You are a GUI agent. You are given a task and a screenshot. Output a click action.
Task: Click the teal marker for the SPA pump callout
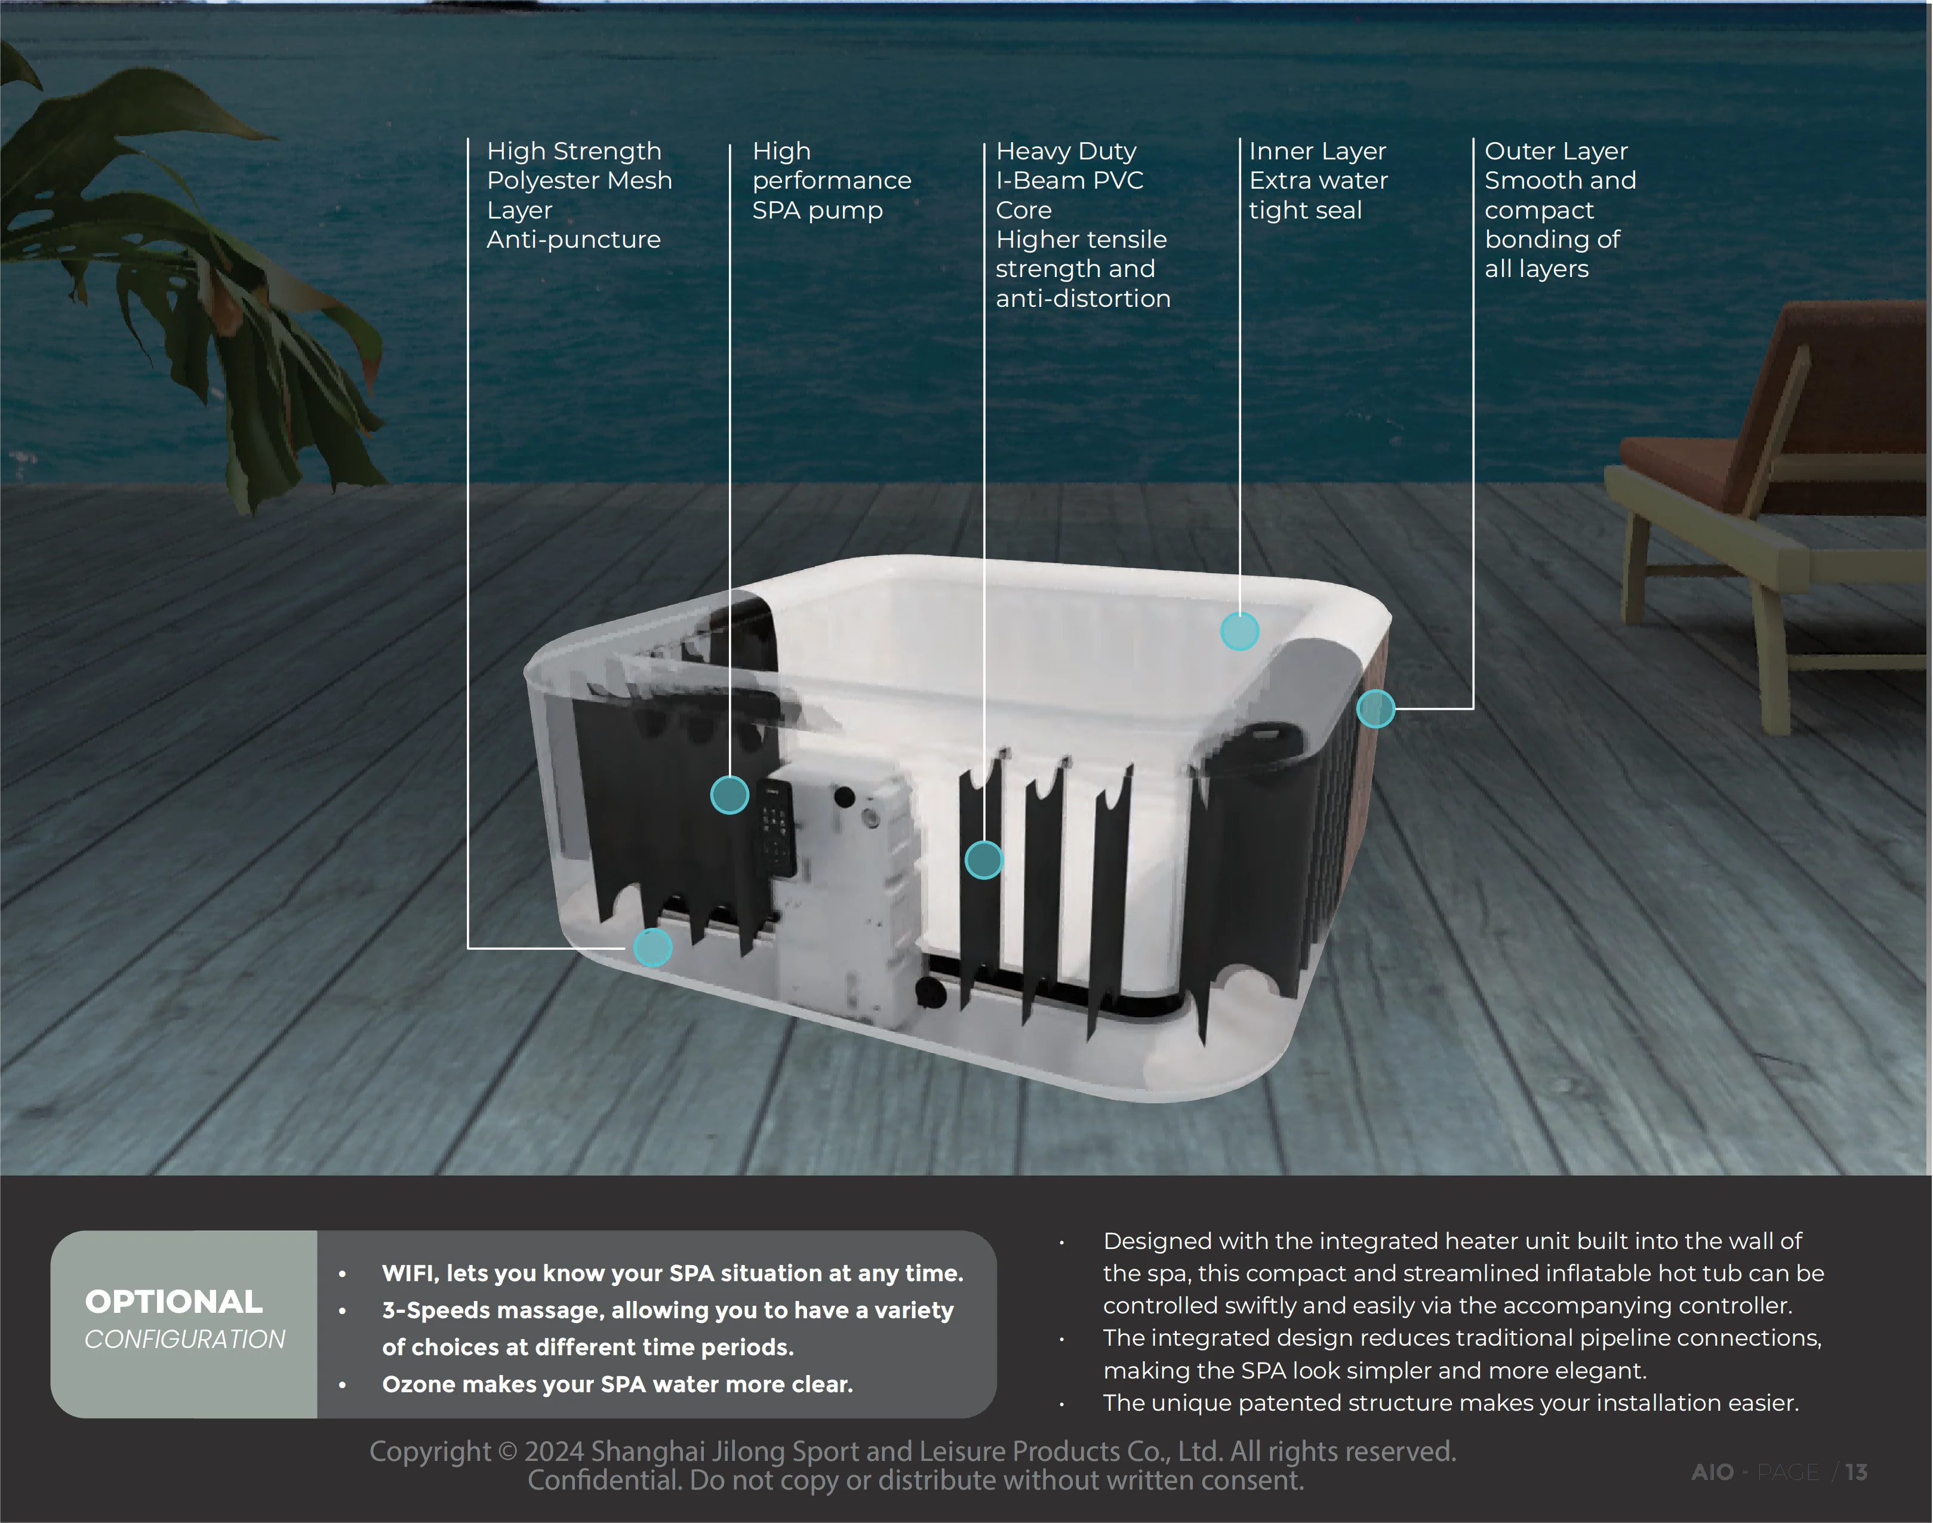click(x=730, y=795)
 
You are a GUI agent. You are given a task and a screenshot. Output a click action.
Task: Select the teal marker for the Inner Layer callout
click(x=1239, y=631)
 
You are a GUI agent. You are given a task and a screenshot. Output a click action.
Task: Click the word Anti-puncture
click(x=573, y=240)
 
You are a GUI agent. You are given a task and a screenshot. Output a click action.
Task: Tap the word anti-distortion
click(x=1082, y=299)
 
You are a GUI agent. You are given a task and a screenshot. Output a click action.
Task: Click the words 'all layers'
click(x=1536, y=269)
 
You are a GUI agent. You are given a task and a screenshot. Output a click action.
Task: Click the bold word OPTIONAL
click(x=174, y=1302)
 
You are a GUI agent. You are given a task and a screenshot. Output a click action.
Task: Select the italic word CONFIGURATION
click(x=184, y=1339)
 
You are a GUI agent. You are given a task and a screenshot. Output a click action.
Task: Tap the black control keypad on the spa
click(x=775, y=827)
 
